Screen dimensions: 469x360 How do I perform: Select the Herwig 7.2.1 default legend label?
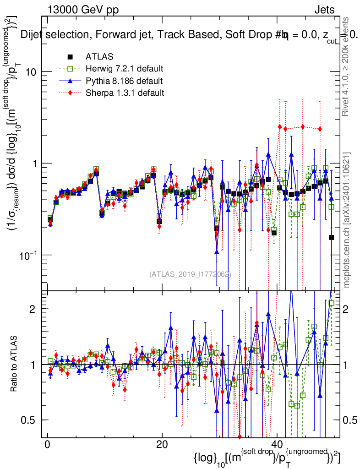(124, 69)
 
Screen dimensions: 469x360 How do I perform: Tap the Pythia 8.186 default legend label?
(124, 81)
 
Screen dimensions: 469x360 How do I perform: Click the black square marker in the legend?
(70, 57)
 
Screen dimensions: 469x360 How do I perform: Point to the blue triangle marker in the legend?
(70, 81)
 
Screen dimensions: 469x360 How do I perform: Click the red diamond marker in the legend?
(70, 93)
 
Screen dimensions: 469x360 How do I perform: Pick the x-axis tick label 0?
(47, 446)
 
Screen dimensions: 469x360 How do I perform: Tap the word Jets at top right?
(324, 9)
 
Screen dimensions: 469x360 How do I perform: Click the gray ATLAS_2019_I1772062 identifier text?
(190, 274)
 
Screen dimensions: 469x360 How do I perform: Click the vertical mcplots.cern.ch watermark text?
(348, 220)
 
